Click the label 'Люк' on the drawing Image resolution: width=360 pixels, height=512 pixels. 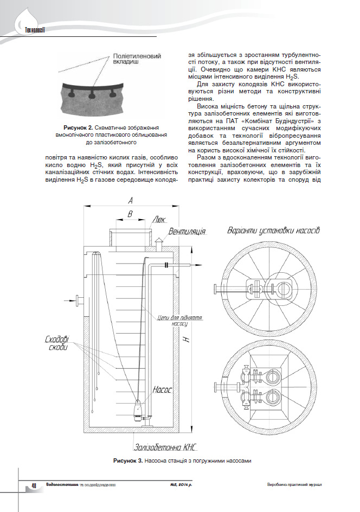click(159, 220)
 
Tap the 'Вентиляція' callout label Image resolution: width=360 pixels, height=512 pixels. click(187, 232)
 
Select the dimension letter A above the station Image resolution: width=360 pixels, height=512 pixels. click(131, 201)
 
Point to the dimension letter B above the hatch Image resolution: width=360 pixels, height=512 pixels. click(130, 214)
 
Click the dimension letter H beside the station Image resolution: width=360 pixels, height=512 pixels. click(187, 340)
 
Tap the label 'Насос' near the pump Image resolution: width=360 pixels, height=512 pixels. click(162, 389)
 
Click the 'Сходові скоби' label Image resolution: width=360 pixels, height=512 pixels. click(57, 343)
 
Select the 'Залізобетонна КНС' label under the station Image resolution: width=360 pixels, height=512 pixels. click(166, 447)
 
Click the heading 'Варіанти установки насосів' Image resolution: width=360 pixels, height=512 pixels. click(273, 231)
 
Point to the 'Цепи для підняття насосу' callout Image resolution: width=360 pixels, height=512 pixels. click(180, 321)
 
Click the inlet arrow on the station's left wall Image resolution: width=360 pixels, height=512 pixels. click(70, 300)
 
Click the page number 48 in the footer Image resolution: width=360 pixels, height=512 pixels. click(34, 485)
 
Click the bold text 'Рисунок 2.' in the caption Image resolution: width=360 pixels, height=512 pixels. click(78, 127)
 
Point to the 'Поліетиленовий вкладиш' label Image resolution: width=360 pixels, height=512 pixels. click(137, 59)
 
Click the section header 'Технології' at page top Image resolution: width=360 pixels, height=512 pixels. click(35, 30)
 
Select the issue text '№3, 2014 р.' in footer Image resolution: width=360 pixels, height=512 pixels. click(181, 485)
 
